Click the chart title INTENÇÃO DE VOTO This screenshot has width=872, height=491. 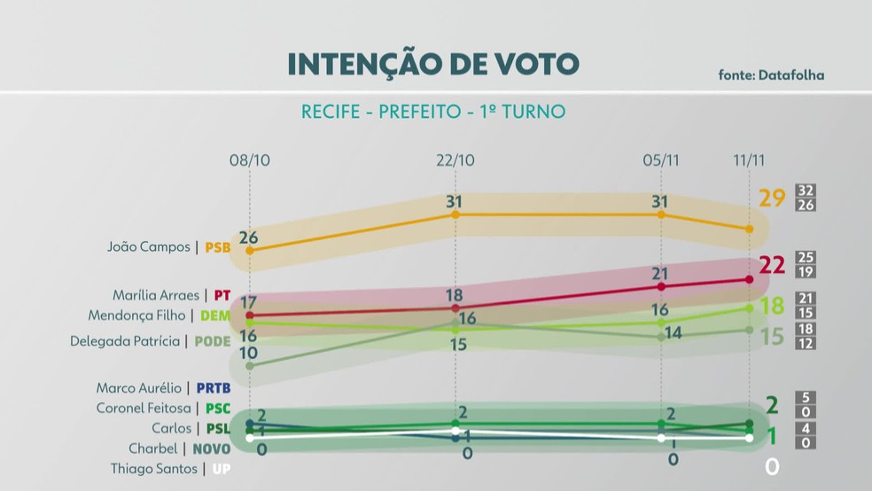coord(433,64)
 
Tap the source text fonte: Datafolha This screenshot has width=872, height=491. coord(771,75)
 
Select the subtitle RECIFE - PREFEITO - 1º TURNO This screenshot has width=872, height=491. coord(433,113)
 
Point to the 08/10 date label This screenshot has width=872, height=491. coord(249,160)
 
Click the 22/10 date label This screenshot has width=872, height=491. coord(455,160)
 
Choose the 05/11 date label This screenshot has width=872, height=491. coord(661,160)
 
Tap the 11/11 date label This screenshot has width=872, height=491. coord(749,160)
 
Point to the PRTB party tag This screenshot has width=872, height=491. coord(213,387)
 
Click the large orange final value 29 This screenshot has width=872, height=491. coord(773,198)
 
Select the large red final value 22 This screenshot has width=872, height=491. coord(773,265)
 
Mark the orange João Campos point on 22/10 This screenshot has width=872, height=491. coord(455,214)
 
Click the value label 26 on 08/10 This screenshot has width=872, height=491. coord(248,237)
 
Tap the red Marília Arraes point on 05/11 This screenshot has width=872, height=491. coord(661,286)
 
